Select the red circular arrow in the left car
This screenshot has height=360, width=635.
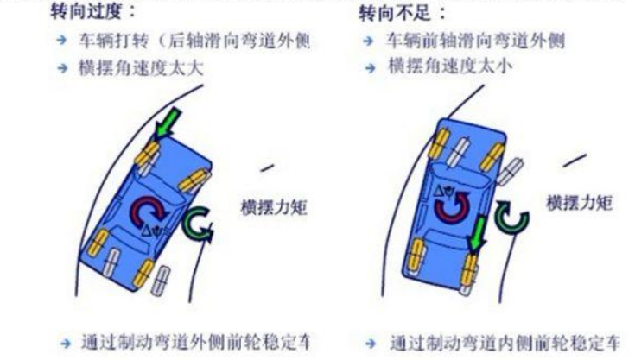coord(149,212)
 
